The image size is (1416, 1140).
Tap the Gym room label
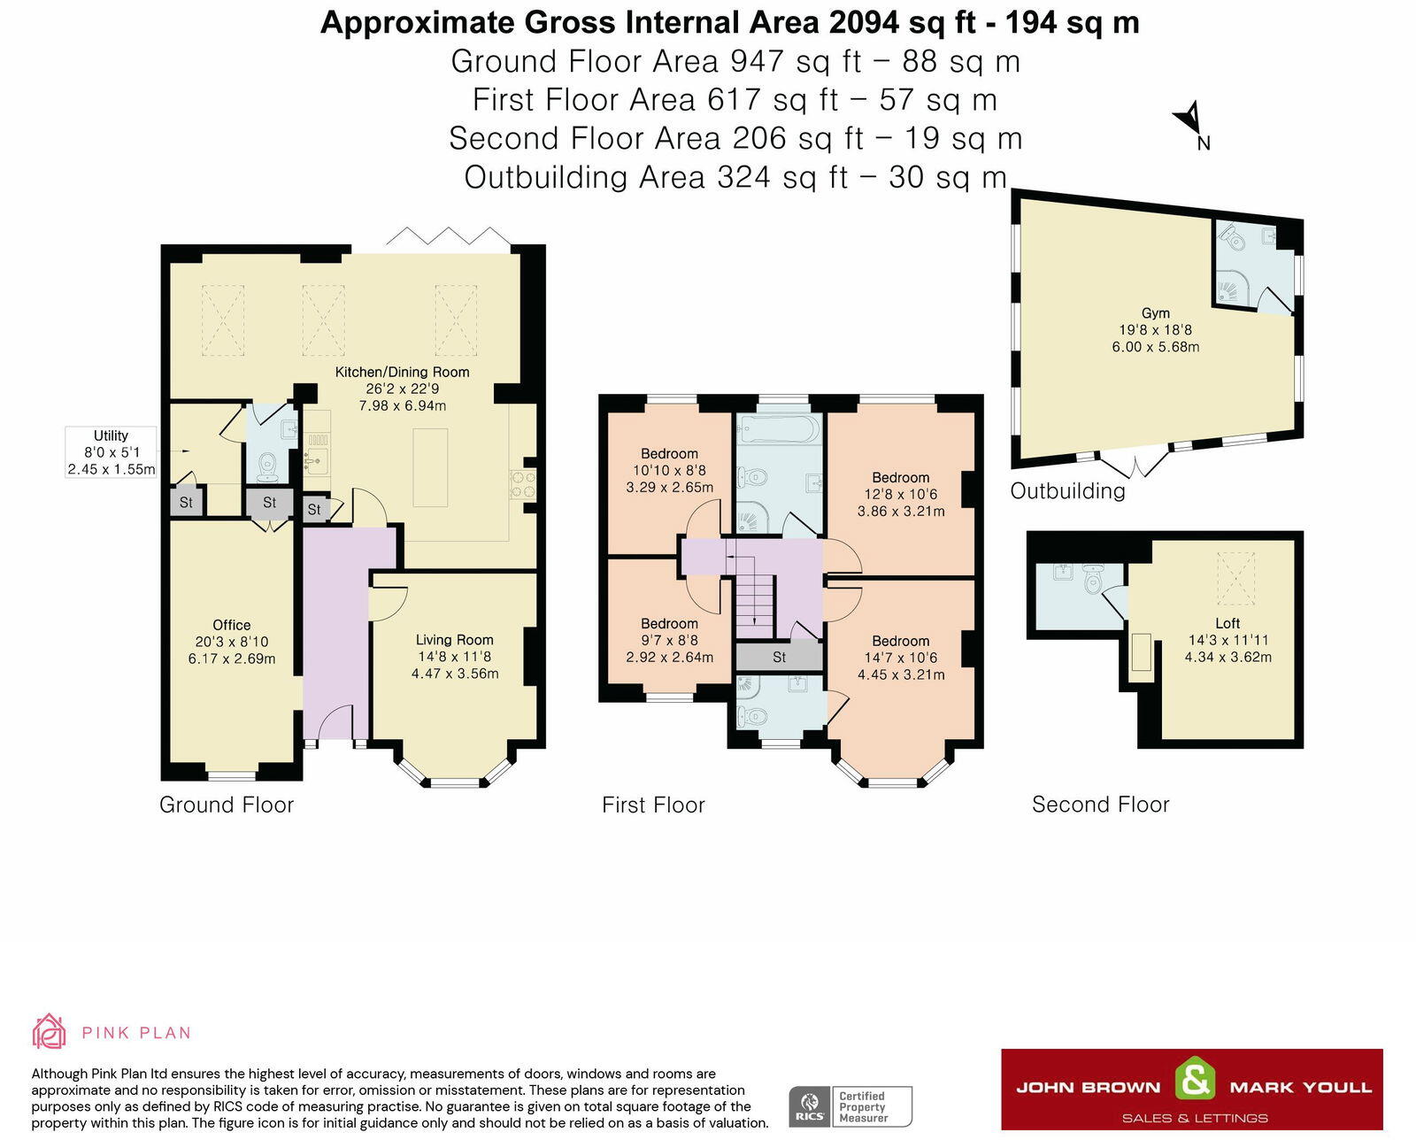1156,313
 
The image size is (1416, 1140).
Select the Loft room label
1227,623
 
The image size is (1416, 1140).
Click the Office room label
232,625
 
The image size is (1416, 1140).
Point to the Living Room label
455,640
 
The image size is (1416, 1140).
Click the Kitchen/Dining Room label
402,372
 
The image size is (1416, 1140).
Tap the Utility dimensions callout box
112,452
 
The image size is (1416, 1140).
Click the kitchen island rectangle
430,467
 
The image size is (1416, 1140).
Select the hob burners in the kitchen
522,484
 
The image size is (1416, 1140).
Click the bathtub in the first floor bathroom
779,429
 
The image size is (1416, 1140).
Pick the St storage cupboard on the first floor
780,657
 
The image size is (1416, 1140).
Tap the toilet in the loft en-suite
1093,579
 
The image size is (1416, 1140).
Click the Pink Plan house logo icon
50,1031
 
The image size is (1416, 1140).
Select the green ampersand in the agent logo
1194,1078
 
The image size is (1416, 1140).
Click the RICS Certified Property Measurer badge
850,1106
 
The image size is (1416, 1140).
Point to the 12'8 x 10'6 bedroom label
901,494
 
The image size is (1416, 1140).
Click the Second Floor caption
1100,805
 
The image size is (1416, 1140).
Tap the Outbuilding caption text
1067,491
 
